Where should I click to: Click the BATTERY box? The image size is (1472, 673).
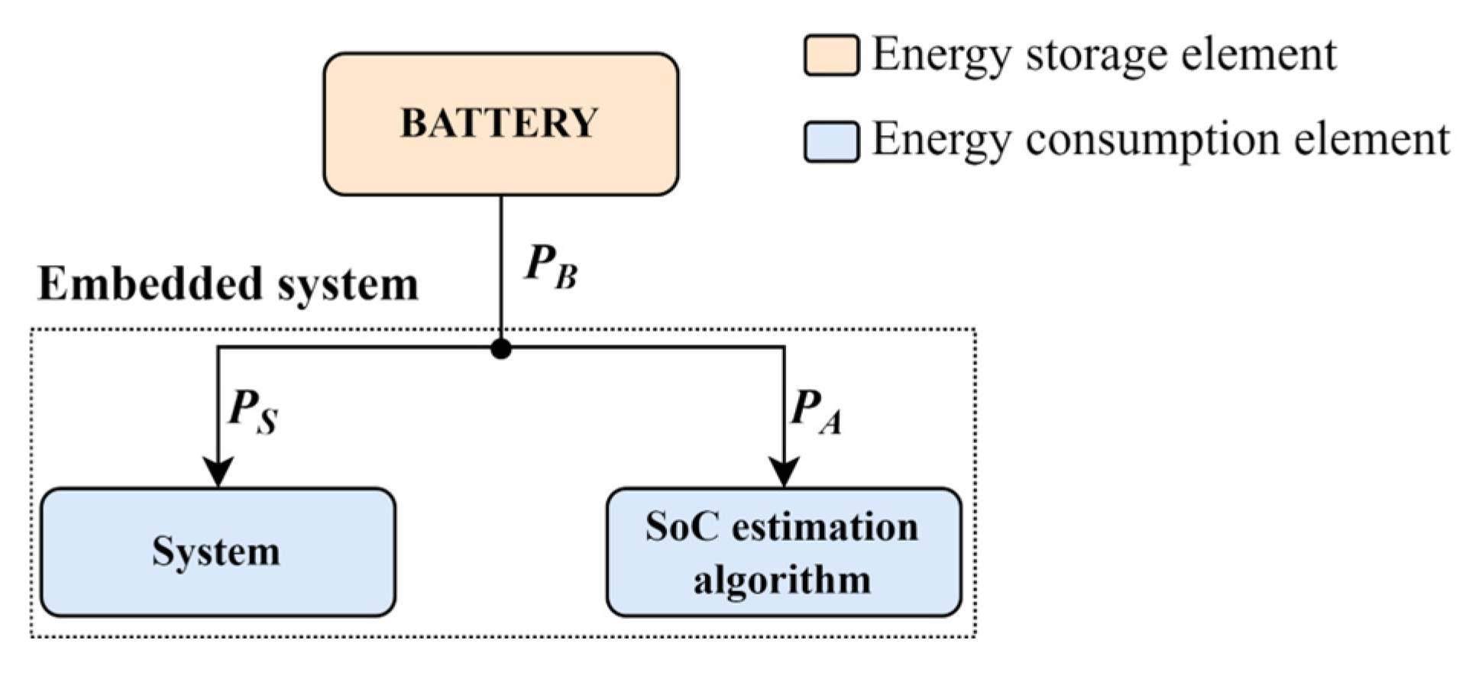[500, 124]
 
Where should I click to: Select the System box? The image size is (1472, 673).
[218, 552]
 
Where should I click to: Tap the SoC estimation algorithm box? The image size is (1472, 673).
[784, 552]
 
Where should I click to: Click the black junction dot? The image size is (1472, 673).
[501, 349]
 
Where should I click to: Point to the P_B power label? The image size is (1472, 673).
[551, 268]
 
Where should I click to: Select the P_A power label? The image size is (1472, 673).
[816, 412]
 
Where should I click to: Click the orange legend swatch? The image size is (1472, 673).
[831, 55]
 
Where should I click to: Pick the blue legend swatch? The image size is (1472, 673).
[831, 141]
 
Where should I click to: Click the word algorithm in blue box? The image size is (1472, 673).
[782, 580]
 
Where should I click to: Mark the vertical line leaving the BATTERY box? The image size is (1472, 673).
[501, 260]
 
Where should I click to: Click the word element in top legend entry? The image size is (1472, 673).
[1258, 55]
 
